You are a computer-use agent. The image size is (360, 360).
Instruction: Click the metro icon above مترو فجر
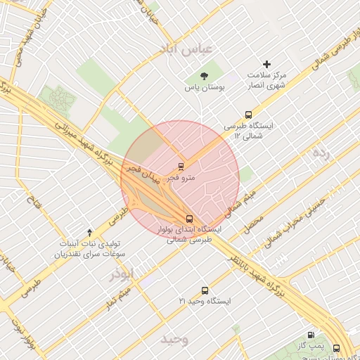point(182,167)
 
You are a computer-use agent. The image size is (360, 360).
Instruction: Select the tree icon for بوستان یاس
point(204,75)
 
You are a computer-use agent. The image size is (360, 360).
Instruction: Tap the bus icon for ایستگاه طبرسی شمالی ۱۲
point(247,115)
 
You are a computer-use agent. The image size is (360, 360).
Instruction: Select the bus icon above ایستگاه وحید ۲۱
point(205,290)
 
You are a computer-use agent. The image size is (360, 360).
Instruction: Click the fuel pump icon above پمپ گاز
point(311,335)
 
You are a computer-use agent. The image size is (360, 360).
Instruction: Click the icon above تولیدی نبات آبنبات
point(89,232)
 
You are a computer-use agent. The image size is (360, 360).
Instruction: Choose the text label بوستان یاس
point(203,88)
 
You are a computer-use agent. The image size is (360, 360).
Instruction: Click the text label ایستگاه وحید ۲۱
point(205,301)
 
